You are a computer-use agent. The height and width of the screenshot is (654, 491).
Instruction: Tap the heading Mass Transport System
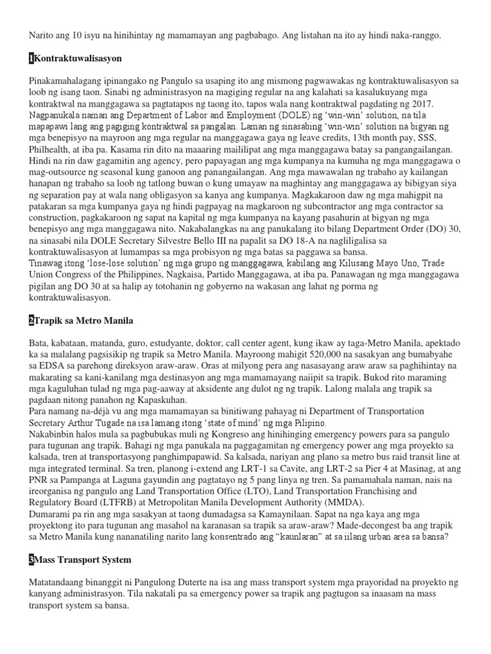click(82, 559)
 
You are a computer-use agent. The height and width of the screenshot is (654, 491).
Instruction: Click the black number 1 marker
click(31, 59)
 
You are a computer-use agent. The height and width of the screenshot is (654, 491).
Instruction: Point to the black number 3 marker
click(31, 559)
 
